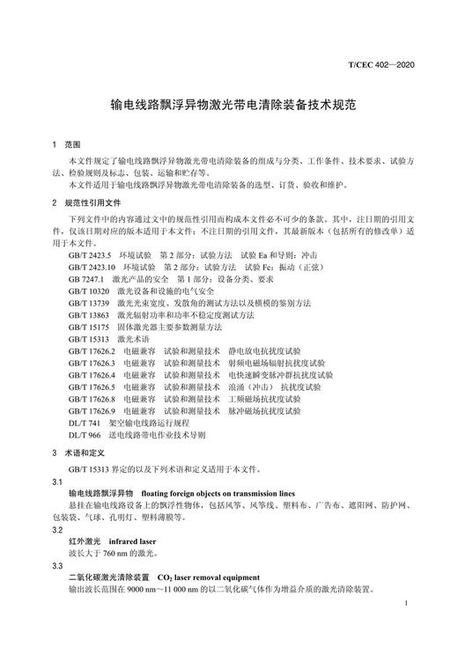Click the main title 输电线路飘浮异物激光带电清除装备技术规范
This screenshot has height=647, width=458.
point(229,104)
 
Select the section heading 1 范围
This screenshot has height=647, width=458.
point(65,143)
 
